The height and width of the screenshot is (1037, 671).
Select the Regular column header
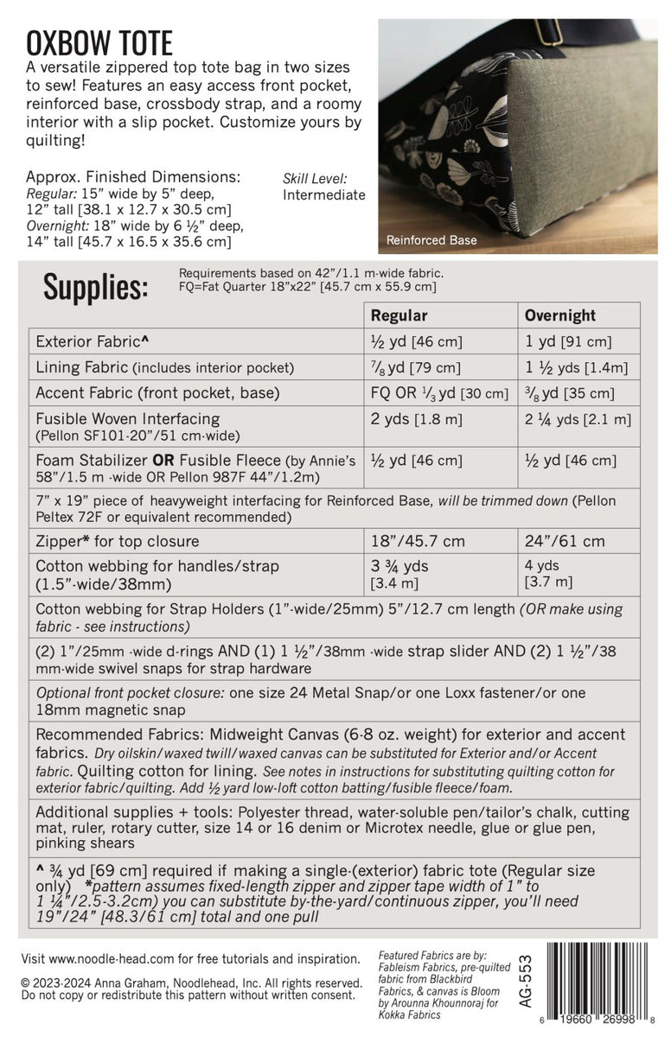click(399, 315)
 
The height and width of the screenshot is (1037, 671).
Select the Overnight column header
click(559, 315)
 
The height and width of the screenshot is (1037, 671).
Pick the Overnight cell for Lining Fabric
click(578, 367)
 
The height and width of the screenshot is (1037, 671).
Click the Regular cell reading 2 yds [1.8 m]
click(417, 420)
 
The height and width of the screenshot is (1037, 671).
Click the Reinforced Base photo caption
click(431, 240)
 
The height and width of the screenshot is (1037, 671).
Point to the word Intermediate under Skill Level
click(324, 195)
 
